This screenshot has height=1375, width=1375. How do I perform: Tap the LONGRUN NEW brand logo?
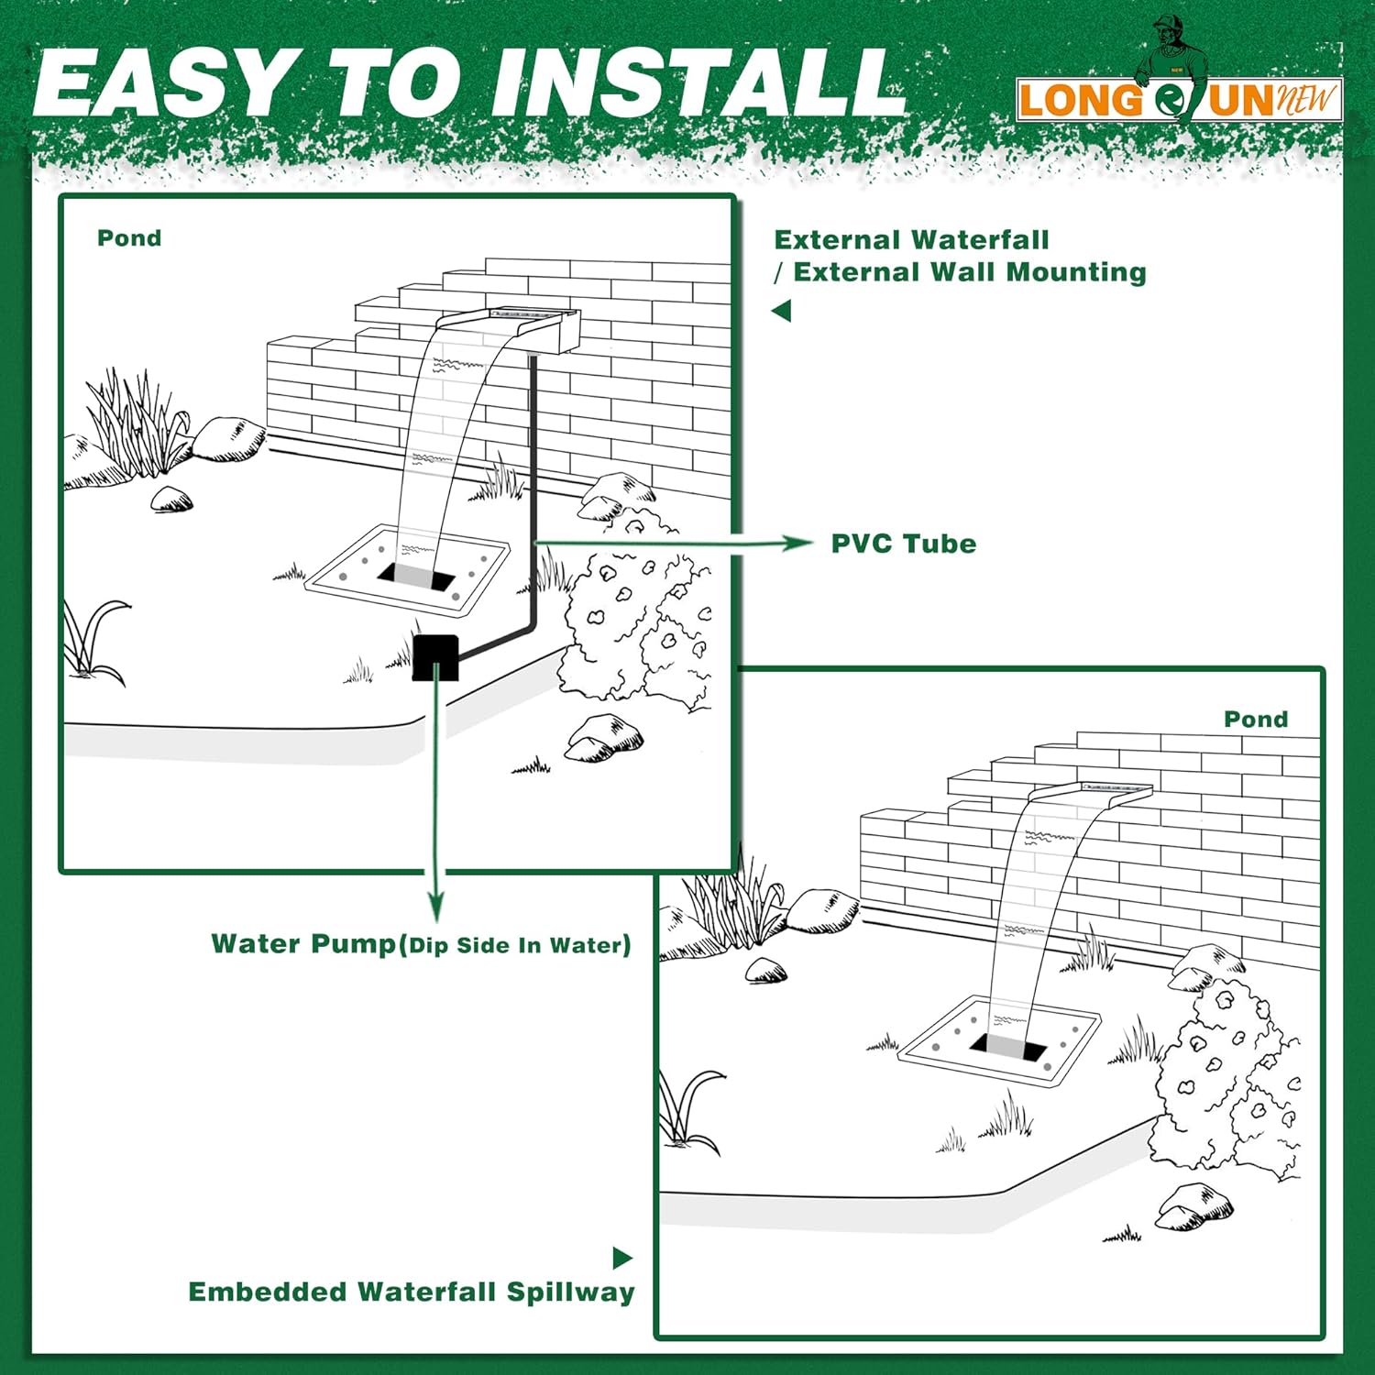click(1179, 99)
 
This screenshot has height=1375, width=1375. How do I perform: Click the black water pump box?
click(435, 656)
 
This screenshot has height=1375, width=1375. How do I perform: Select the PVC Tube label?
click(903, 544)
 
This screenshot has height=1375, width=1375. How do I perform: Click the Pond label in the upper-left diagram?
click(129, 238)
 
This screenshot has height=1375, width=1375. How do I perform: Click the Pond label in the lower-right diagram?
click(1255, 720)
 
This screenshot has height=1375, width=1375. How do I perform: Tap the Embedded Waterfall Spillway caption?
click(412, 1292)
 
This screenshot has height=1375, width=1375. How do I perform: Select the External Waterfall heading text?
click(911, 240)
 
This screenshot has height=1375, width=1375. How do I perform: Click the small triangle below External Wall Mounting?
click(782, 311)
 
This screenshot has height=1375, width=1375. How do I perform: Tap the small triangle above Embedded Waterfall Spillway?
click(622, 1258)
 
